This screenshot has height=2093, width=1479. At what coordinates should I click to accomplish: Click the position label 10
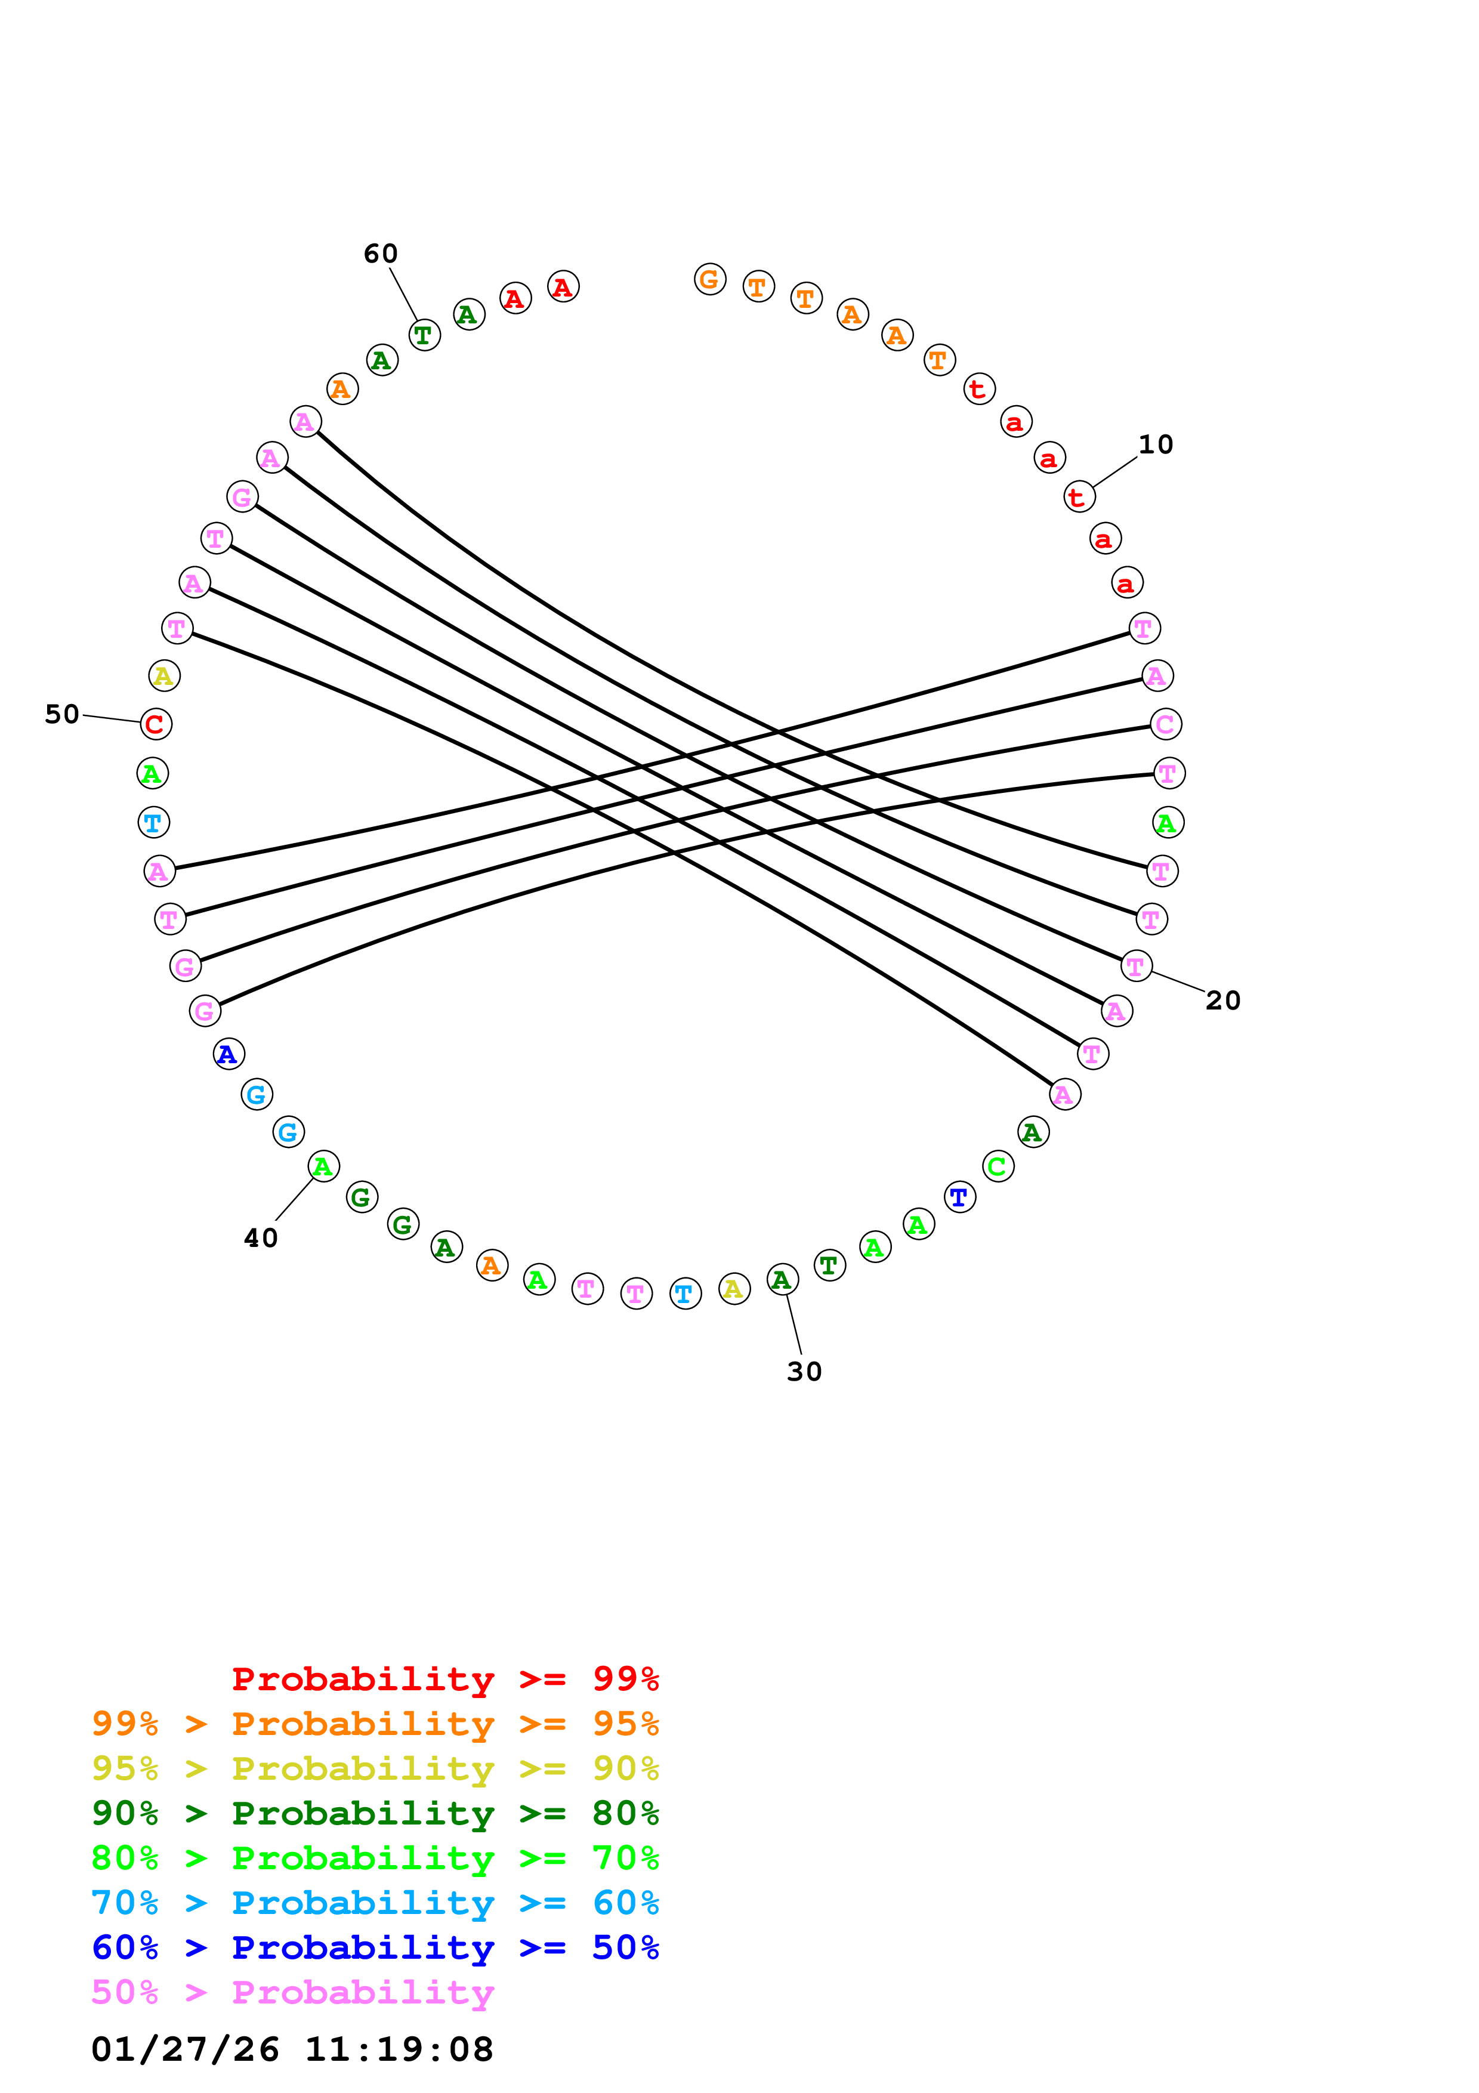coord(1156,445)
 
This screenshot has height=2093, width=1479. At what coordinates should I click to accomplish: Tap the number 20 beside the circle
coord(1223,1001)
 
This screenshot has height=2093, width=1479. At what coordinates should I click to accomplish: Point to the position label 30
coord(804,1372)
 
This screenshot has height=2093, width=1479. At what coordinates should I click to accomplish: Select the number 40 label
coord(261,1238)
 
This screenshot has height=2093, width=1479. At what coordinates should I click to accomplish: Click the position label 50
coord(62,714)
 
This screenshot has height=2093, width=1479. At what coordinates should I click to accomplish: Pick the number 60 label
coord(381,254)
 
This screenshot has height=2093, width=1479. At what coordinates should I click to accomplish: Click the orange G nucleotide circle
coord(710,279)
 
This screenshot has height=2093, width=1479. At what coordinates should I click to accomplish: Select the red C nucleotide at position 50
coord(156,724)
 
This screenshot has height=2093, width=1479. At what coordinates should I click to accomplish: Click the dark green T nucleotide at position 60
coord(424,335)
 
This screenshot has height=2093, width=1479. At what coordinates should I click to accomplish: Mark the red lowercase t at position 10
coord(1079,497)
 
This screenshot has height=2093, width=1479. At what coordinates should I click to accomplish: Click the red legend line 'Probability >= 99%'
coord(444,1679)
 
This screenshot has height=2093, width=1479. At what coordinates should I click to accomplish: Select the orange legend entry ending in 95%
coord(375,1724)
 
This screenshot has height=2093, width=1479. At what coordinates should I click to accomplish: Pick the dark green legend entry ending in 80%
coord(375,1813)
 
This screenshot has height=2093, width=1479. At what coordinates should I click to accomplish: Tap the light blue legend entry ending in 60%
coord(375,1903)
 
